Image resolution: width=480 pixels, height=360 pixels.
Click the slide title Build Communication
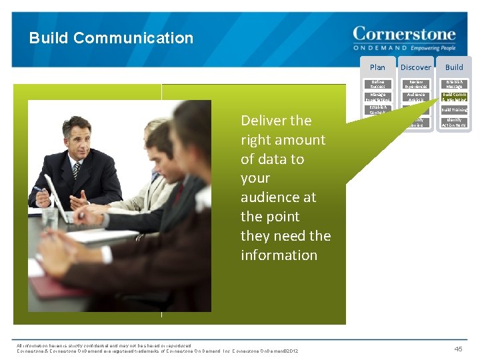(x=111, y=38)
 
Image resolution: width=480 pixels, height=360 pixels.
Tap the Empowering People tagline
(x=433, y=48)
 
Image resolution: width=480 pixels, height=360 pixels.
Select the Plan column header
(x=377, y=67)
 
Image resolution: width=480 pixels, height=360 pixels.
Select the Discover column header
(x=415, y=67)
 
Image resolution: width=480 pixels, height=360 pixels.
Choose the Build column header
(x=454, y=67)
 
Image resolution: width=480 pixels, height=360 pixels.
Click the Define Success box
(x=377, y=85)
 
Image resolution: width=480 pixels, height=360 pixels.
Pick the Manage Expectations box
(x=377, y=97)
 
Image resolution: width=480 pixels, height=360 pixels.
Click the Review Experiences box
(x=415, y=85)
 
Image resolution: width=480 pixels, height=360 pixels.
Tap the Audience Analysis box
(x=415, y=97)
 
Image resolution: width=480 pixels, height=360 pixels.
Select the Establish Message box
(x=454, y=85)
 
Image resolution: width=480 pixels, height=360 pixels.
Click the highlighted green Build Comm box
(x=454, y=97)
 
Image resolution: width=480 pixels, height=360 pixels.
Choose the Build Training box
(x=454, y=110)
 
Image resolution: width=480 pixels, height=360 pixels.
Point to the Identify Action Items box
(x=454, y=123)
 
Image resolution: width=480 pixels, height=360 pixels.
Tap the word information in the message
(x=279, y=255)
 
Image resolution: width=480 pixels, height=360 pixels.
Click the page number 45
(x=458, y=349)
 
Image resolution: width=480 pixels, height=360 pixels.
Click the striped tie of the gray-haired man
(x=76, y=170)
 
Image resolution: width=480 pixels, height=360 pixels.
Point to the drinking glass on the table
(x=51, y=217)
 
